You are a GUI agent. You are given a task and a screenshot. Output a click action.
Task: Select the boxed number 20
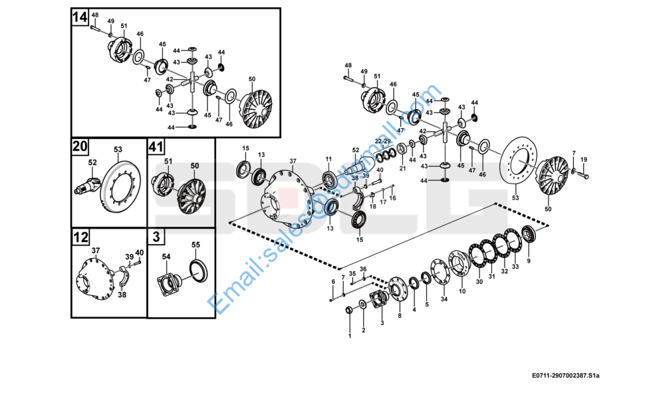click(x=80, y=146)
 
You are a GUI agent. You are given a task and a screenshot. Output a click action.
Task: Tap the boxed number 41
click(x=156, y=146)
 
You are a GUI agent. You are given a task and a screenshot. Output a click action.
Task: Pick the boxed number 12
click(x=80, y=236)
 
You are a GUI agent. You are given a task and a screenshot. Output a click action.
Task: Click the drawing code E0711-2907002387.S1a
click(x=566, y=376)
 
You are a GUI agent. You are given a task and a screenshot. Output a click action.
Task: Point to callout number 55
click(x=196, y=245)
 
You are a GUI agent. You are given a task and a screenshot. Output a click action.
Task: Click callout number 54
click(x=166, y=256)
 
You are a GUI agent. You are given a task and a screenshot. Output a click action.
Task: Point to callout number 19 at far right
click(x=584, y=160)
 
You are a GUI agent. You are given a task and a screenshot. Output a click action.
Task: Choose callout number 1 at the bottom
click(x=350, y=336)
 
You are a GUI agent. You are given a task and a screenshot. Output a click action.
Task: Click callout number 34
click(x=444, y=299)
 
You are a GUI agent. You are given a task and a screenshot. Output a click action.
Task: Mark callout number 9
click(x=529, y=261)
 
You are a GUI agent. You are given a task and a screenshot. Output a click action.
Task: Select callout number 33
click(x=515, y=266)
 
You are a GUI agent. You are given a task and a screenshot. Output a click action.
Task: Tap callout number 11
click(x=328, y=158)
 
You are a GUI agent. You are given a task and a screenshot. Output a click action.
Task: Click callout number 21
click(x=402, y=169)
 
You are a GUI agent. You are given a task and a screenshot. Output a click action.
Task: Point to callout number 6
click(x=333, y=282)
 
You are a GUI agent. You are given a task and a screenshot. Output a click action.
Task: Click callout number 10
click(x=462, y=291)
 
